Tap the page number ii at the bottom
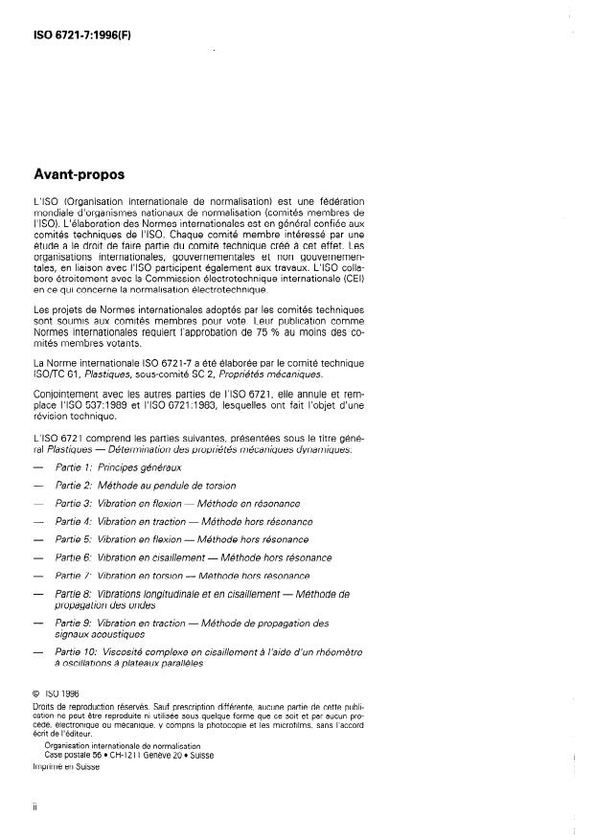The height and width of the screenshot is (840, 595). coord(36,808)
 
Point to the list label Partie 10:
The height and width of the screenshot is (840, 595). coord(77,650)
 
